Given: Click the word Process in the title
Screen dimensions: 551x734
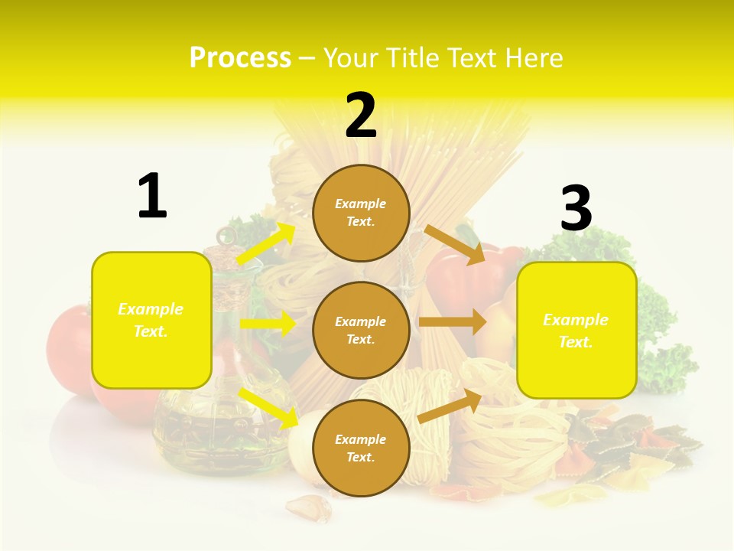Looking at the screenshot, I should [240, 58].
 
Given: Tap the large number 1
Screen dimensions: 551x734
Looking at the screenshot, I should [152, 196].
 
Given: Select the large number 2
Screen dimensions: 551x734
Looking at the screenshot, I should [361, 116].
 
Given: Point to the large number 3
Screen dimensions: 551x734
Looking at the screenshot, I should [576, 208].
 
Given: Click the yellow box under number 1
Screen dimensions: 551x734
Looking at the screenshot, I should [151, 320].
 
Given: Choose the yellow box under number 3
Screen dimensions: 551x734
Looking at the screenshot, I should [576, 330].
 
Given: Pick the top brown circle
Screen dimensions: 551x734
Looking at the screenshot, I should [361, 213].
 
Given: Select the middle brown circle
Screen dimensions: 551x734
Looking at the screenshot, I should [361, 330].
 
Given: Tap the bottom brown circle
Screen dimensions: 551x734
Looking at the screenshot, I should [361, 448].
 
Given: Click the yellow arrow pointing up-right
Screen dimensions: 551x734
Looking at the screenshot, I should [266, 244].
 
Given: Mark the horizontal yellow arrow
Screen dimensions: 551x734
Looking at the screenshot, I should [268, 324].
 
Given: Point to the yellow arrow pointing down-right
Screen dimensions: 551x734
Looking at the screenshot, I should [268, 407].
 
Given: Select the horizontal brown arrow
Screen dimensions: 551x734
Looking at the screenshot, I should [453, 321].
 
